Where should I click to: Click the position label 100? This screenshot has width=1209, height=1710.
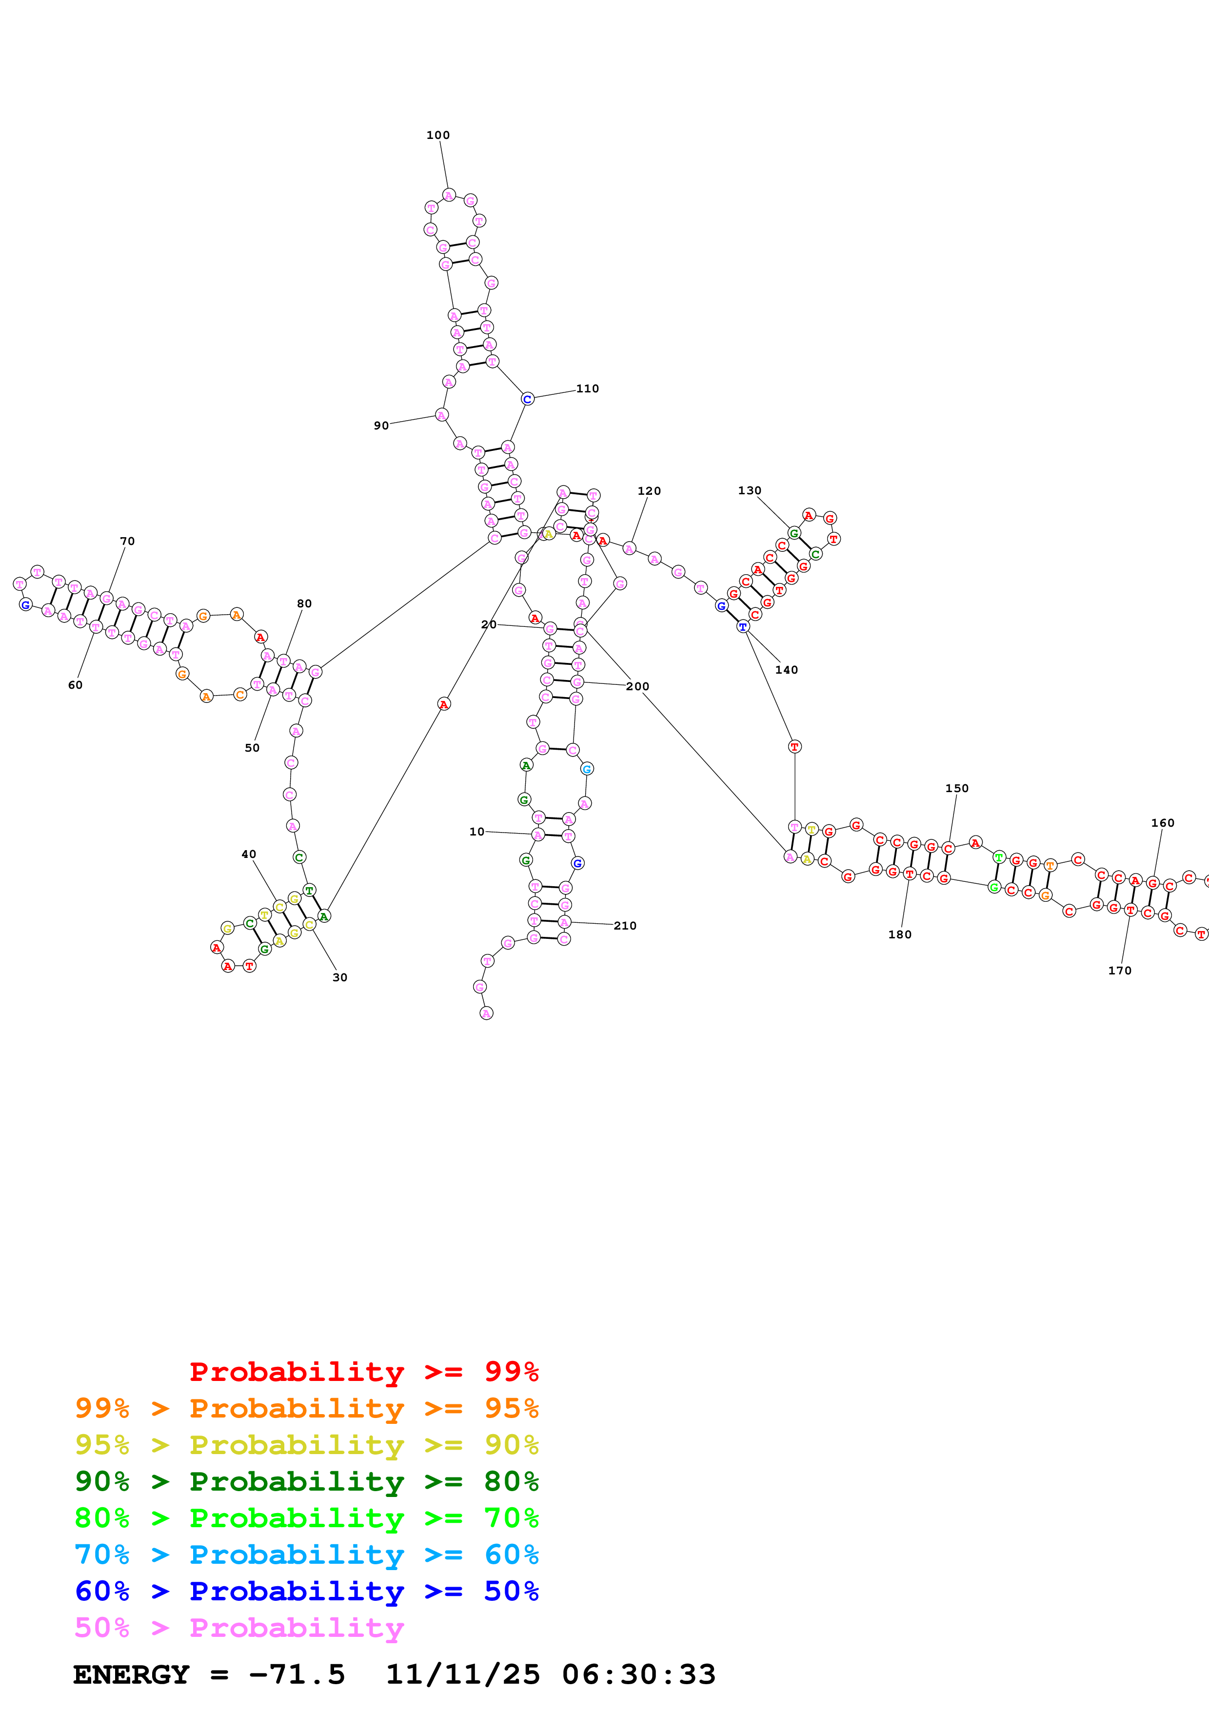pos(438,135)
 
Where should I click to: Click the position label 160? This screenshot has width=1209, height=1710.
pos(1162,822)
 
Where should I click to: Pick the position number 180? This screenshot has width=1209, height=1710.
pos(899,934)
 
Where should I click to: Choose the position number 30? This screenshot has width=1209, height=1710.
pos(340,977)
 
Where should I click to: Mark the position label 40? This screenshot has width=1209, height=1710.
pos(249,854)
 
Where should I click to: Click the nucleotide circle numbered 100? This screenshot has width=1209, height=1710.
pos(449,195)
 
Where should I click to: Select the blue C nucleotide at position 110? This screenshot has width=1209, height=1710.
pos(527,399)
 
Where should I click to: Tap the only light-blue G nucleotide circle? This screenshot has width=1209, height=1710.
pos(587,769)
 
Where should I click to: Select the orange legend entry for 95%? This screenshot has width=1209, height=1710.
pos(306,1408)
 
